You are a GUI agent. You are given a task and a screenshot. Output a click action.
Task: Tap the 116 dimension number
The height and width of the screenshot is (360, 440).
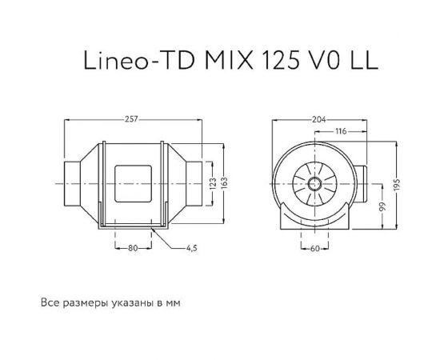pyautogui.click(x=340, y=130)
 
